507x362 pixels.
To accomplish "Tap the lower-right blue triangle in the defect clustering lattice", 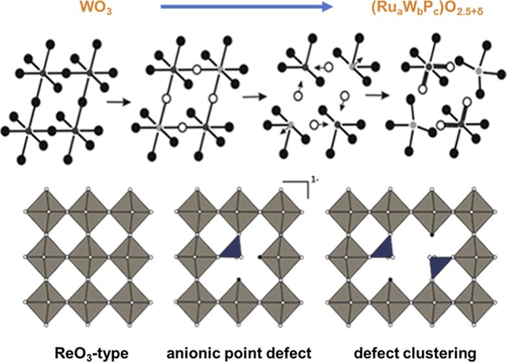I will point(441,267).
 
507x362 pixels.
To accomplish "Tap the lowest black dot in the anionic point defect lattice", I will point(239,280).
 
